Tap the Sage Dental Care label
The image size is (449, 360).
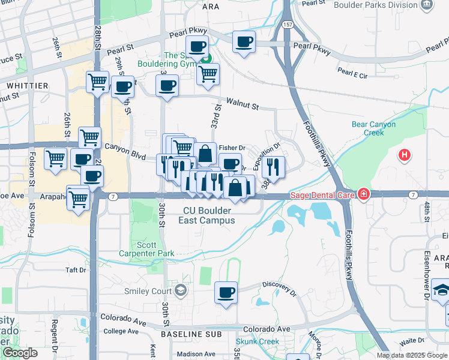coord(323,194)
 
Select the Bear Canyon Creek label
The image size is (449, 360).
coord(373,129)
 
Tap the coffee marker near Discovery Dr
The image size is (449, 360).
coord(226,293)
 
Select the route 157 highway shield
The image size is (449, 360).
coord(289,25)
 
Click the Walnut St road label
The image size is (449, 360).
coord(242,105)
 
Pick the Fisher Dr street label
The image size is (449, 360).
coord(232,148)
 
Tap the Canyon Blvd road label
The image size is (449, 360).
coord(125,150)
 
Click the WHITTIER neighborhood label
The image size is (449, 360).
coord(27,86)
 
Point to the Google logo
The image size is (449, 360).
coord(20,353)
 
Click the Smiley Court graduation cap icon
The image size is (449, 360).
coord(180,291)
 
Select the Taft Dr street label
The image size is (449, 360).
coord(76,270)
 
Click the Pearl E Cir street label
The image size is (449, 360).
coord(352,73)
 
